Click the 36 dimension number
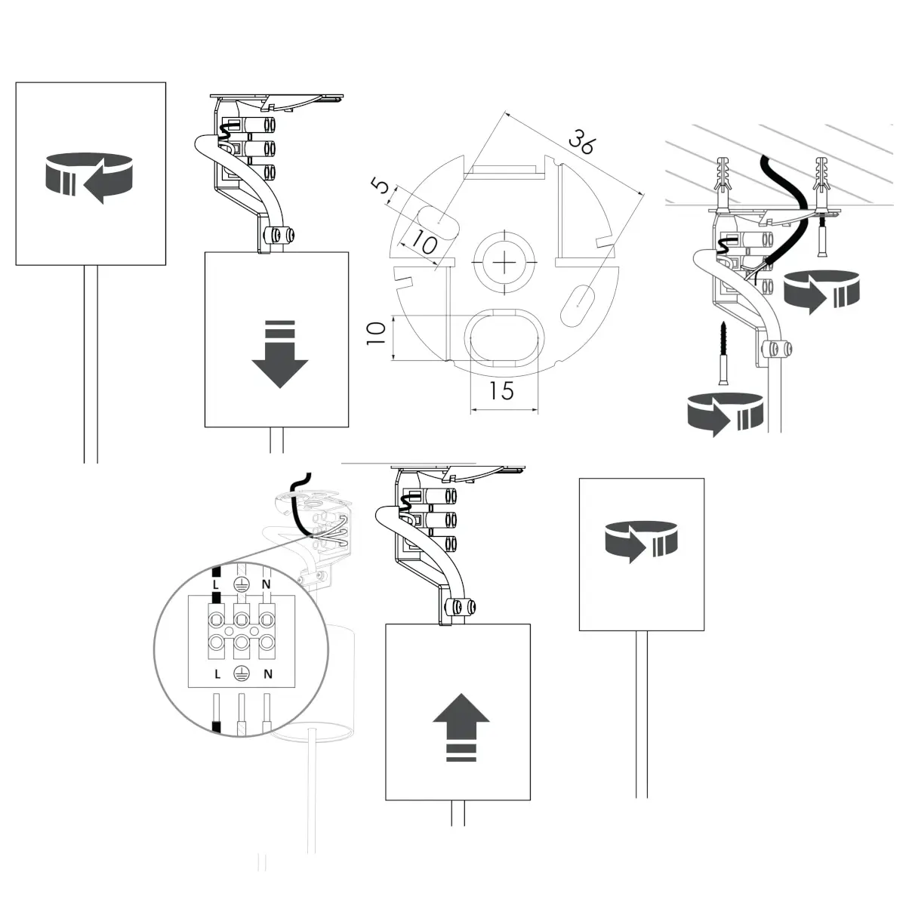pyautogui.click(x=582, y=140)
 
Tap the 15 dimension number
pyautogui.click(x=501, y=391)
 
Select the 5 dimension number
pyautogui.click(x=381, y=186)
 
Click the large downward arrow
pyautogui.click(x=280, y=355)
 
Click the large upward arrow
pyautogui.click(x=461, y=727)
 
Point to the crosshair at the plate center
pyautogui.click(x=504, y=262)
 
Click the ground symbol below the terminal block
pyautogui.click(x=241, y=673)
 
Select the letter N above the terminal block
pyautogui.click(x=266, y=584)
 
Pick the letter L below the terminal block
pyautogui.click(x=217, y=674)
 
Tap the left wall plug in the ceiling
pyautogui.click(x=723, y=183)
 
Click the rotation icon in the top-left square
pyautogui.click(x=89, y=176)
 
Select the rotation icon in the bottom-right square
pyautogui.click(x=641, y=541)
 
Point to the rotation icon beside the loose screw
pyautogui.click(x=725, y=414)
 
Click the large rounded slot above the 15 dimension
pyautogui.click(x=504, y=337)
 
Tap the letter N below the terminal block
pyautogui.click(x=268, y=674)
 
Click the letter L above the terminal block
pyautogui.click(x=216, y=585)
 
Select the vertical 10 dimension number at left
pyautogui.click(x=376, y=333)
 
